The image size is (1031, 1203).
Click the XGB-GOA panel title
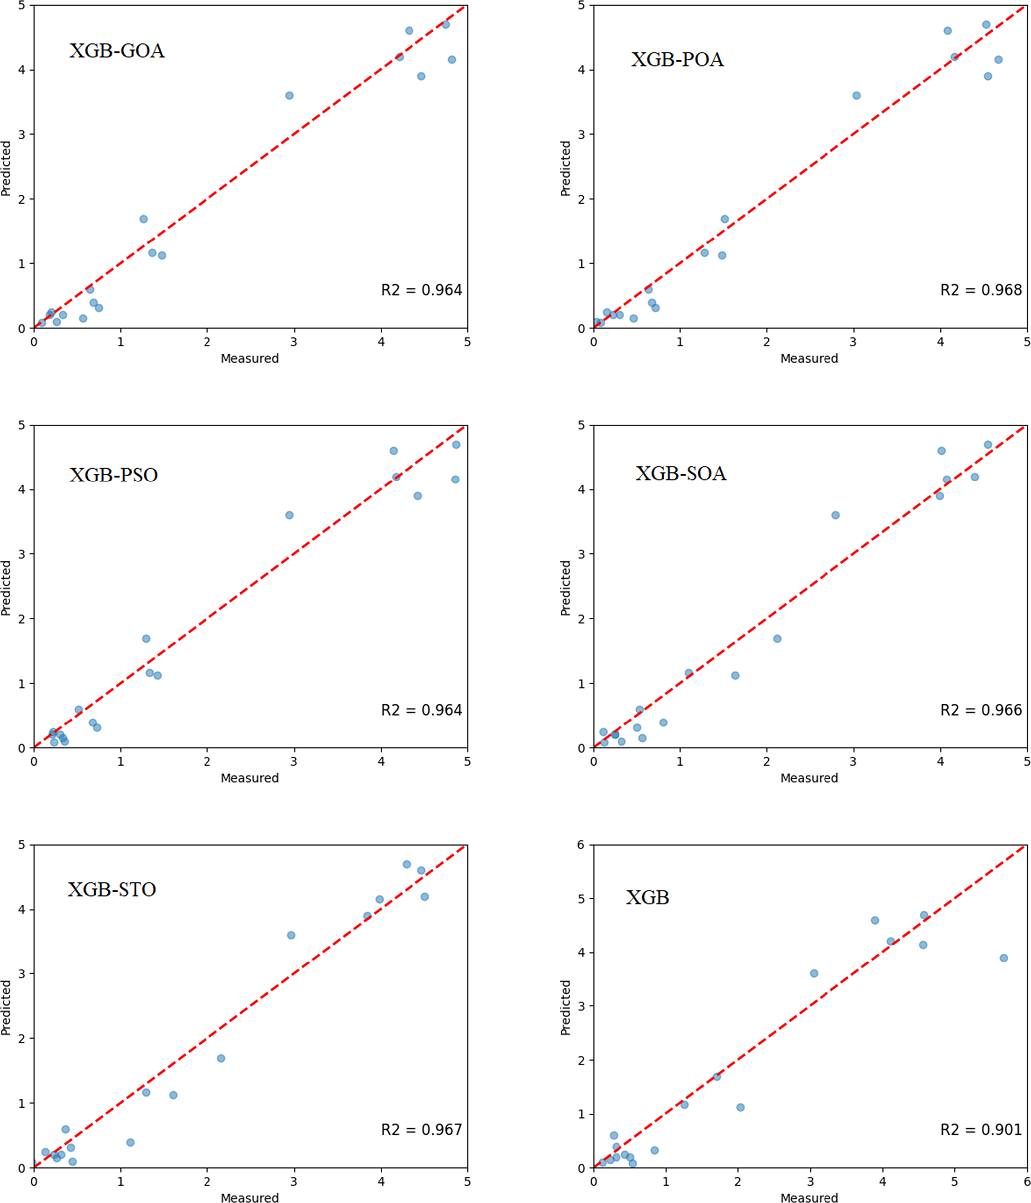(117, 51)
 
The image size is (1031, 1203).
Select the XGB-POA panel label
(677, 60)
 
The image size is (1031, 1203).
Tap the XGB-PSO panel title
(113, 475)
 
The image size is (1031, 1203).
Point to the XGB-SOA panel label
(681, 473)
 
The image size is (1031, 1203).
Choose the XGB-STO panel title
(111, 890)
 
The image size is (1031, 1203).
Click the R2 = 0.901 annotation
(981, 1129)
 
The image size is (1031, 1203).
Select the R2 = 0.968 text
(981, 290)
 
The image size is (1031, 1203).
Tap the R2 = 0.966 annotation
(981, 710)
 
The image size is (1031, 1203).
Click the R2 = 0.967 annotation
(421, 1129)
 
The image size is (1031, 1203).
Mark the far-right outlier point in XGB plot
(1004, 958)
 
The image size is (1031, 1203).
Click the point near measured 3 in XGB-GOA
(290, 96)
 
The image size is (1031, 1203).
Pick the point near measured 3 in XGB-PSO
(290, 515)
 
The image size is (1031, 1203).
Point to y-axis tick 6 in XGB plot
(581, 845)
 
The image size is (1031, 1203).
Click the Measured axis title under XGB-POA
(809, 359)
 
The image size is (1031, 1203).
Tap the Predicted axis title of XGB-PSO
(6, 588)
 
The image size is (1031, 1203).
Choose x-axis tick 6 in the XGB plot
(1027, 1182)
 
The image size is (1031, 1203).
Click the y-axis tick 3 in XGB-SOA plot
(582, 554)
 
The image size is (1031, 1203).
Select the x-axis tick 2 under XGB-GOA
(207, 342)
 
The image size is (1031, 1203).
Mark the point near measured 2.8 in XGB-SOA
(836, 515)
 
